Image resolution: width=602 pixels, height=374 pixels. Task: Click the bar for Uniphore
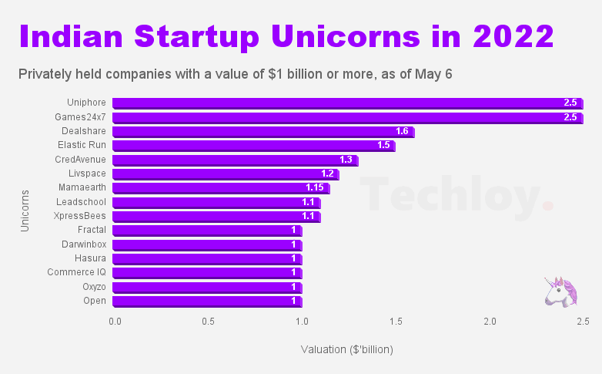[x=346, y=103]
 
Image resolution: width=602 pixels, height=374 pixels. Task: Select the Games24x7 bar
[x=346, y=117]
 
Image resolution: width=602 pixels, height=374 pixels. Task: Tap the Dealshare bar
[x=263, y=131]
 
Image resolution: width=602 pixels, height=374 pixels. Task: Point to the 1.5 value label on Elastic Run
[x=383, y=145]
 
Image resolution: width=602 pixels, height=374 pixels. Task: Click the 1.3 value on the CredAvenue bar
[x=346, y=160]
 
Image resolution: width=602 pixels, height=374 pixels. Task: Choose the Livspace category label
[x=86, y=174]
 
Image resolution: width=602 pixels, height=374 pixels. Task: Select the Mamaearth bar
[x=220, y=188]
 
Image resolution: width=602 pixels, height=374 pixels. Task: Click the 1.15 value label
[x=314, y=188]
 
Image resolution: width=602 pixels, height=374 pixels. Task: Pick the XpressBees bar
[x=216, y=216]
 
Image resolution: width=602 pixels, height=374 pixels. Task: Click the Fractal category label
[x=92, y=230]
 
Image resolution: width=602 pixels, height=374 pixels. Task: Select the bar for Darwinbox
[x=206, y=244]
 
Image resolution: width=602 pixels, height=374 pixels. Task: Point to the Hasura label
[x=91, y=258]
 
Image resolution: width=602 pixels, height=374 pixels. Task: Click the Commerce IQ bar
[x=206, y=272]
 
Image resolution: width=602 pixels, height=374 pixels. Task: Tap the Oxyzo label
[x=94, y=287]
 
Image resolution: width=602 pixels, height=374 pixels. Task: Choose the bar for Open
[x=206, y=301]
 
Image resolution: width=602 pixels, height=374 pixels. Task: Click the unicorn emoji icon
[x=560, y=292]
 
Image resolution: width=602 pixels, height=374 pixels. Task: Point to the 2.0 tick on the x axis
[x=490, y=320]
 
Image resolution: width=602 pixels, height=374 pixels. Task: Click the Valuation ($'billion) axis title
[x=346, y=349]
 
